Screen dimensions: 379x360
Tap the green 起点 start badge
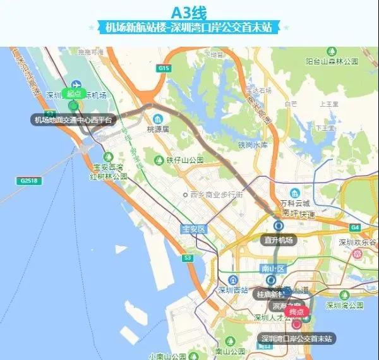tap(75, 93)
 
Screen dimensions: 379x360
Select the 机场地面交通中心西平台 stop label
tap(74, 119)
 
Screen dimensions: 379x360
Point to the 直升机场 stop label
tap(279, 240)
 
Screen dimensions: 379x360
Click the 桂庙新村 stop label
tap(270, 294)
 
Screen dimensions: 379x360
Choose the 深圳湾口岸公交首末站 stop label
tap(298, 339)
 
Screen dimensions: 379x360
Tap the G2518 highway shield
tap(28, 181)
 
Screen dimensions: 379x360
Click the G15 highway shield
tap(165, 68)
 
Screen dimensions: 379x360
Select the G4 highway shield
tap(355, 227)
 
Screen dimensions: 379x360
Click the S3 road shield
tap(188, 258)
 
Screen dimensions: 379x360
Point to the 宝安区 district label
tap(194, 229)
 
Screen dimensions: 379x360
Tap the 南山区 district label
tap(274, 269)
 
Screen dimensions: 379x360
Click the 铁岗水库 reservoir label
tap(253, 145)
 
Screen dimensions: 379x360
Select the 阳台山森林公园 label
tap(332, 61)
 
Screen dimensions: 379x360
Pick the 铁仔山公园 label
tap(184, 160)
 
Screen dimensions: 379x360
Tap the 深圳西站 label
tap(232, 291)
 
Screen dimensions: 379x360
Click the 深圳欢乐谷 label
tap(357, 242)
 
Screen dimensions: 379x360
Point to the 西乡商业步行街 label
tap(216, 195)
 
